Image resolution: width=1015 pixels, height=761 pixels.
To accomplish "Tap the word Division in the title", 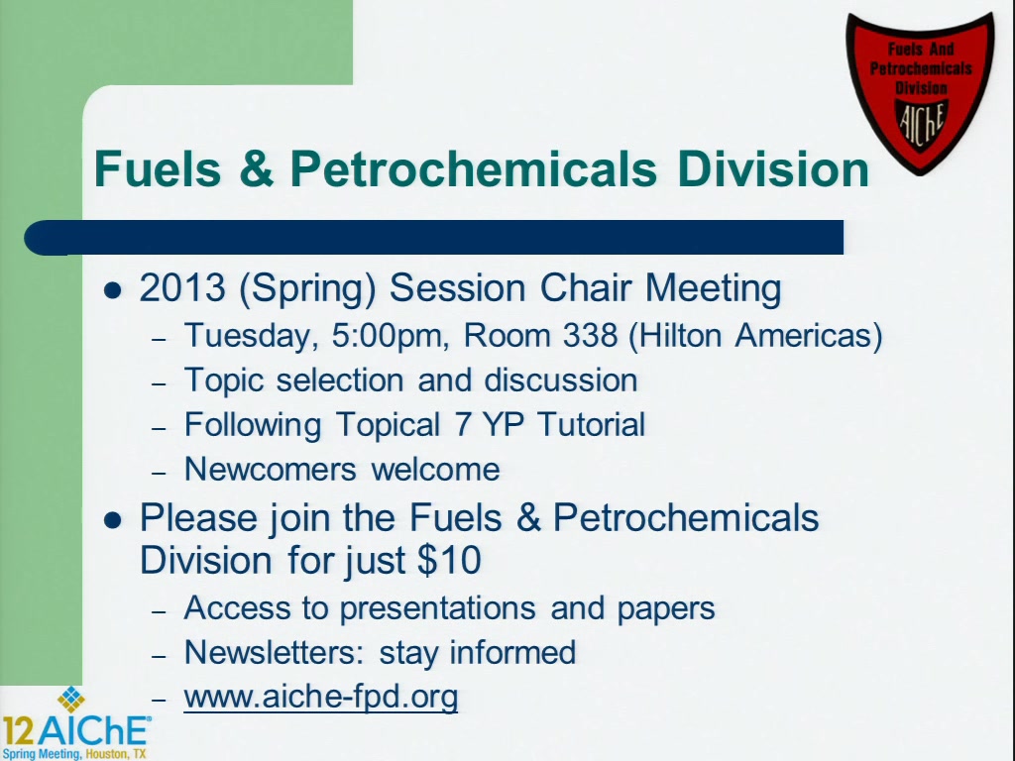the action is point(773,168).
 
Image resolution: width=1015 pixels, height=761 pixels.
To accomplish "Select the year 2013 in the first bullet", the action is point(182,287).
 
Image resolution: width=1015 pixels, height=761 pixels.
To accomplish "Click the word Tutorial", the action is point(591,424).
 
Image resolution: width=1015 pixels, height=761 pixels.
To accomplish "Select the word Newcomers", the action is point(271,469).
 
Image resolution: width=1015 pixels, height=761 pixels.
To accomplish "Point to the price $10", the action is point(449,560).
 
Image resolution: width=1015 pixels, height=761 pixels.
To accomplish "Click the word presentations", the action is point(437,609).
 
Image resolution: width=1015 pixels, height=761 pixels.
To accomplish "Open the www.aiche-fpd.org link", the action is point(321,698).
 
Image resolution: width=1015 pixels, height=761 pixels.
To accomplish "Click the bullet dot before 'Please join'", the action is point(113,520).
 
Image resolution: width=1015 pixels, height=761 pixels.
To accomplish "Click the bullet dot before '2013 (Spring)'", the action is point(113,290).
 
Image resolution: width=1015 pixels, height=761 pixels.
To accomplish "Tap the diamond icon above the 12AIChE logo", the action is point(71,699).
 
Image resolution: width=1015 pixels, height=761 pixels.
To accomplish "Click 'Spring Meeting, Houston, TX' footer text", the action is point(74,754).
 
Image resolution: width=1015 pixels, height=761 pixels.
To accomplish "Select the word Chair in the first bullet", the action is point(585,287).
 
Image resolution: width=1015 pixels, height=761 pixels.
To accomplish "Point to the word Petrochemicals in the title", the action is point(473,168).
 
